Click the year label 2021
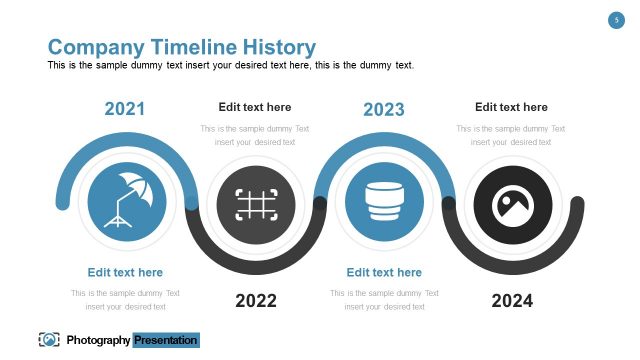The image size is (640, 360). click(125, 109)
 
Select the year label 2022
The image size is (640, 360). click(256, 300)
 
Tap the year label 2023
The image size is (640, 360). click(384, 109)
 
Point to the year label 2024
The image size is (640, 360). click(512, 300)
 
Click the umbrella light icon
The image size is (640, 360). click(125, 200)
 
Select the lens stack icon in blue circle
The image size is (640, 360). click(384, 202)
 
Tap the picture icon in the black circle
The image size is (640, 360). click(512, 205)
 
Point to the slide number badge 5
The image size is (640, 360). click(617, 20)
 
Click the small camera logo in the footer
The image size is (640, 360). click(48, 340)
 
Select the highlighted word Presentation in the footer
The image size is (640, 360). click(167, 340)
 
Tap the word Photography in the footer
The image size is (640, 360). click(98, 340)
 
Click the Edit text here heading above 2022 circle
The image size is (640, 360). click(255, 107)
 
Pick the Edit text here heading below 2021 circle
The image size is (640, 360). click(125, 272)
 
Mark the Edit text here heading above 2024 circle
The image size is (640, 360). click(511, 107)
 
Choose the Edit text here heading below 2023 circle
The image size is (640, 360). click(384, 272)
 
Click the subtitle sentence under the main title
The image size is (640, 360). click(230, 66)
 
